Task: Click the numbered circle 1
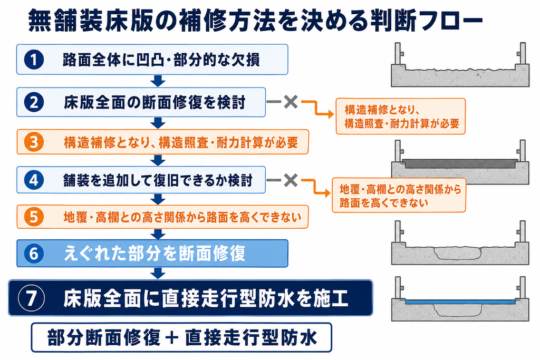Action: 34,60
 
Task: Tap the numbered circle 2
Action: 34,102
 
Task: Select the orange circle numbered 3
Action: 34,142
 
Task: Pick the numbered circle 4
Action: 34,180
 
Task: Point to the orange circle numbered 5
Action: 34,217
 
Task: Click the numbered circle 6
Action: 34,254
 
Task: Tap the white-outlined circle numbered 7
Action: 31,298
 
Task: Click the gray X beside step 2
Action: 291,102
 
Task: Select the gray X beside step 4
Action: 291,180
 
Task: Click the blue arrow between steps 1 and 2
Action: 158,81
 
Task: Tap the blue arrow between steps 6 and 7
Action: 158,273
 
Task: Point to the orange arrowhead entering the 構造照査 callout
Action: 330,114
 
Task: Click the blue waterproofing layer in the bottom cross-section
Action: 460,302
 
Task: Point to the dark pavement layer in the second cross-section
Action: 460,163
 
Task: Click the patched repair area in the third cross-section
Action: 458,254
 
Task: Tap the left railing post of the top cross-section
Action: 398,53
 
